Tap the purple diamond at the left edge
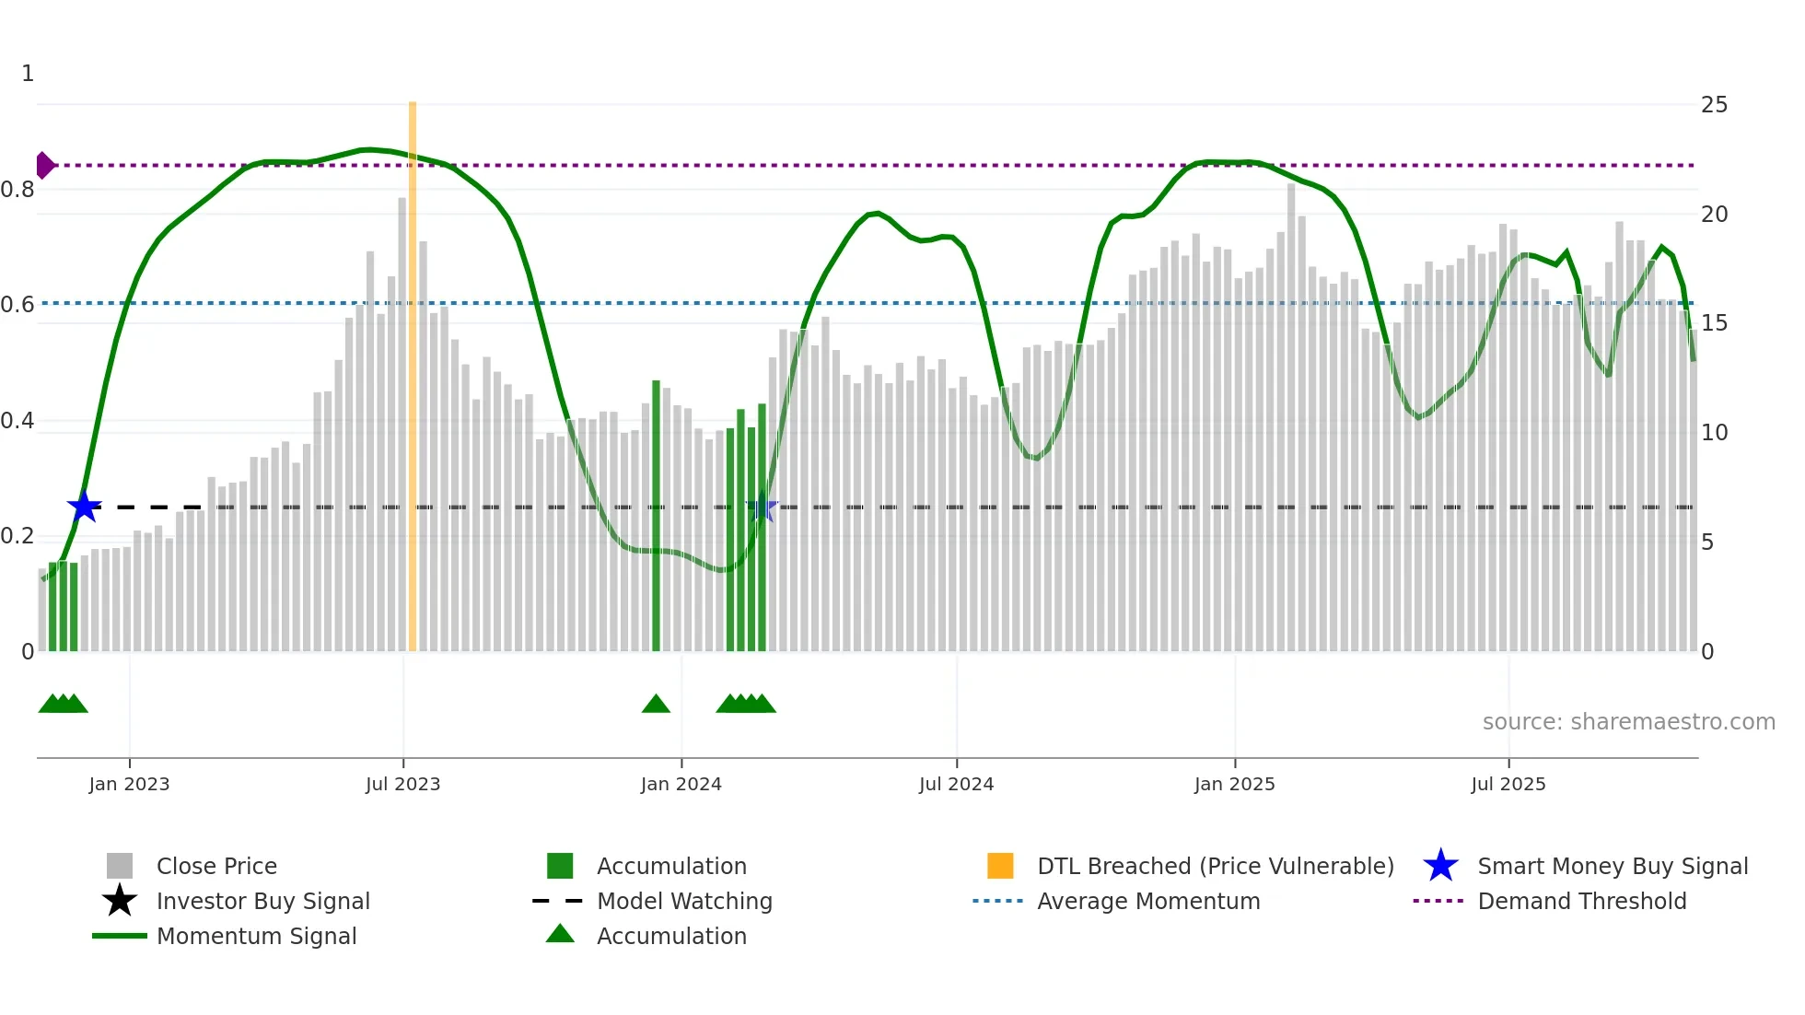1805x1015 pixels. click(x=44, y=166)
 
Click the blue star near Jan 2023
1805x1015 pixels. click(x=84, y=507)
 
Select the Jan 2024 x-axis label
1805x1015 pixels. click(x=681, y=785)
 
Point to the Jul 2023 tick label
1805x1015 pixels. click(x=402, y=785)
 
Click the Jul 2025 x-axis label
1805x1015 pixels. click(x=1508, y=785)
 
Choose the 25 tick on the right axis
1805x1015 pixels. click(x=1714, y=105)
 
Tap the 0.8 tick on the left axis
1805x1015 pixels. click(x=18, y=190)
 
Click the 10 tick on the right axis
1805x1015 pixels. click(x=1714, y=433)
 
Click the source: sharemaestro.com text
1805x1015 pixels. click(x=1628, y=722)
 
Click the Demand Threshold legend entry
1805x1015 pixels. click(x=1581, y=902)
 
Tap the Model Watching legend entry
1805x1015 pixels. click(x=683, y=902)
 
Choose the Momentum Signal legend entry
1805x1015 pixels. click(x=256, y=937)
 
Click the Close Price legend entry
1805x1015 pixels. click(x=216, y=867)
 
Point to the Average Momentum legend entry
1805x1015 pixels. click(x=1147, y=902)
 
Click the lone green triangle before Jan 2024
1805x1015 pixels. click(x=656, y=705)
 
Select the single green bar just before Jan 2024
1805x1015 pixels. click(x=656, y=516)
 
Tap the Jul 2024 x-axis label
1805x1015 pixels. click(x=956, y=785)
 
